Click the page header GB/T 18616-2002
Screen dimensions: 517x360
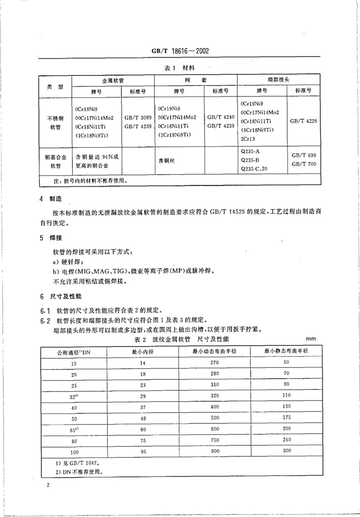point(180,51)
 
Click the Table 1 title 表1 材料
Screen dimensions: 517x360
point(179,68)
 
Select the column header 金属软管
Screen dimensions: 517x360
point(113,80)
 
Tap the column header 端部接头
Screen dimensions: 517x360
point(278,79)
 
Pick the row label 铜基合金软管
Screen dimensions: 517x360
point(56,161)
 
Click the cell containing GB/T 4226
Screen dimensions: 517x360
point(303,121)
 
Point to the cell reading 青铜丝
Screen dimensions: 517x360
point(166,161)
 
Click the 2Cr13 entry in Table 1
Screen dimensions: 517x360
point(248,139)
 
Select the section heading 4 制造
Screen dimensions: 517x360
point(51,199)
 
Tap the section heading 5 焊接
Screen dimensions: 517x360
point(51,238)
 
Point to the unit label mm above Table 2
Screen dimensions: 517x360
point(311,339)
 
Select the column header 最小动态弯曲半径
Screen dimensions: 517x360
point(214,351)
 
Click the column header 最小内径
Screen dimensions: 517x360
point(143,352)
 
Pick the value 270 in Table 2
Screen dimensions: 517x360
point(215,362)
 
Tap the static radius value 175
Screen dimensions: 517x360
point(286,417)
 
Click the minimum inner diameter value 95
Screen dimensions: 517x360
point(143,451)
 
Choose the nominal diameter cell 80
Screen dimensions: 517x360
point(74,441)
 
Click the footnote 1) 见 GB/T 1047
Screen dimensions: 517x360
point(77,463)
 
